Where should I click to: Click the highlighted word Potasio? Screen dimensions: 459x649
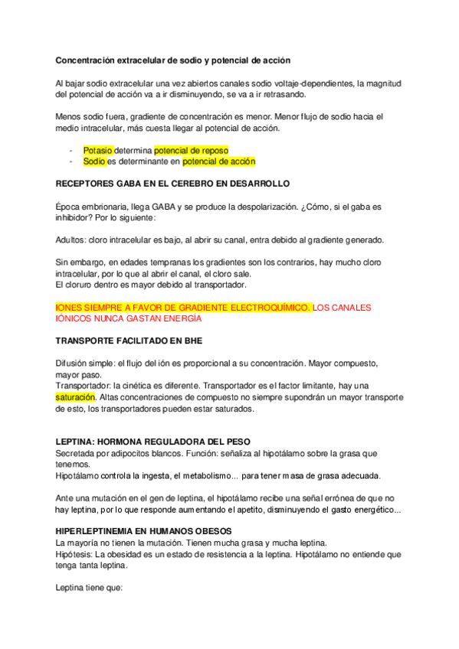coord(98,151)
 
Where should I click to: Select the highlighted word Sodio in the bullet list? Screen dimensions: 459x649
coord(94,161)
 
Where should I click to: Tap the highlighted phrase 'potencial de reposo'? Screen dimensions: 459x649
coord(191,151)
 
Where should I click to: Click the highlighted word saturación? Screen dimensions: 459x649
coord(76,398)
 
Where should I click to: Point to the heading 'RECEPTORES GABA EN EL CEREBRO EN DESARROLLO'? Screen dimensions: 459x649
coord(173,185)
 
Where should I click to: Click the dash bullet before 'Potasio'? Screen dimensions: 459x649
coord(70,151)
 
